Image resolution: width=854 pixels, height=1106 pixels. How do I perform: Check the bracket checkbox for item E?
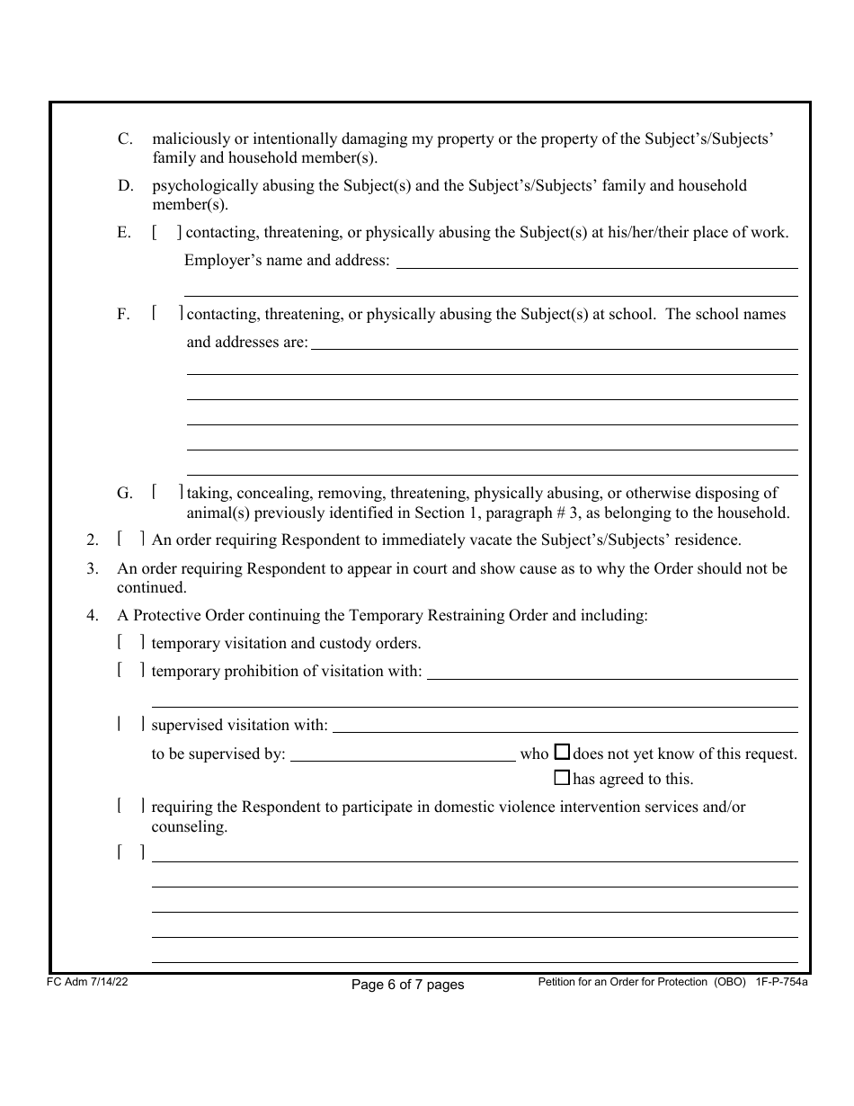coord(167,233)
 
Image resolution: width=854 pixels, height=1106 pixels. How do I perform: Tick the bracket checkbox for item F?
coord(167,314)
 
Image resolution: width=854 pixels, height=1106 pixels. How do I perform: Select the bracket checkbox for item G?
coord(167,492)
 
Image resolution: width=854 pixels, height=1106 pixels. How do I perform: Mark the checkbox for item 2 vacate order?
coord(131,540)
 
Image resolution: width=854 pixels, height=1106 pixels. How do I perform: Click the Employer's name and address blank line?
coord(597,261)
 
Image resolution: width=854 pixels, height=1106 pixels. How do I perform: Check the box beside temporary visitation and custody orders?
coord(131,643)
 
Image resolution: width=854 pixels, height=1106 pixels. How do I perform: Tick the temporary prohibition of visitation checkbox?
coord(131,671)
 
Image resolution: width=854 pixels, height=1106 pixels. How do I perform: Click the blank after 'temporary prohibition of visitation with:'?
coord(612,672)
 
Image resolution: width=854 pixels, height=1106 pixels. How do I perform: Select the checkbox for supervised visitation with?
coord(131,725)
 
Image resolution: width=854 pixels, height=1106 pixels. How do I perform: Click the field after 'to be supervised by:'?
coord(403,754)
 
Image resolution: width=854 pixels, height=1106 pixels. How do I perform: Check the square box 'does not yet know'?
coord(562,753)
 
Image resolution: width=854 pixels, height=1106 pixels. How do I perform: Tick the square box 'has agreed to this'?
coord(562,778)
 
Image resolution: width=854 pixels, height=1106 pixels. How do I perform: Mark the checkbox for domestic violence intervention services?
coord(131,807)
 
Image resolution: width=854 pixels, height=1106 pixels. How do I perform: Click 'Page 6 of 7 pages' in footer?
coord(407,985)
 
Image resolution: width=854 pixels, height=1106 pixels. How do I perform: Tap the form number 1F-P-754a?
coord(780,983)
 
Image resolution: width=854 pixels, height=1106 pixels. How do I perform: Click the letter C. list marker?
coord(126,139)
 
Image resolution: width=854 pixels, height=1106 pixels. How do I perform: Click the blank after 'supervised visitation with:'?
coord(565,726)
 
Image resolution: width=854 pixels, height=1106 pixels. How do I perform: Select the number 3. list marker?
coord(92,569)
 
